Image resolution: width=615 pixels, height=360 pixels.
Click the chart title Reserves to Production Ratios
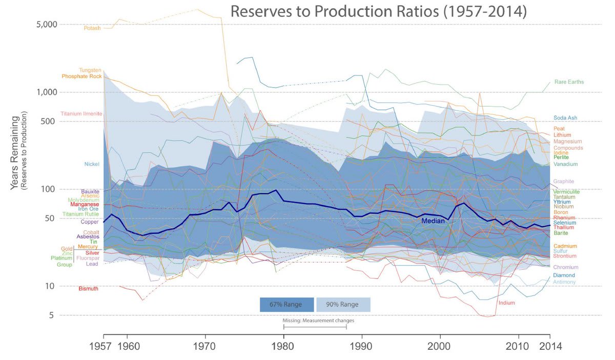378,11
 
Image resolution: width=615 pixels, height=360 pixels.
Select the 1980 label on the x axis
283,346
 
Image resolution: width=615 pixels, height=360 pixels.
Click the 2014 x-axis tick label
550,346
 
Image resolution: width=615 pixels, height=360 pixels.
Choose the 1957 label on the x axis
104,346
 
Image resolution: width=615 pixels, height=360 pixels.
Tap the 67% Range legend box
287,305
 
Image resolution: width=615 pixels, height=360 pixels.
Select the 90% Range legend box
343,305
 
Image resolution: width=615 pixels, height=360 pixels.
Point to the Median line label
433,221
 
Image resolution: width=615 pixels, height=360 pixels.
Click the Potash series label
92,28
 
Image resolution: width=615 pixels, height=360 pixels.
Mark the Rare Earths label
569,82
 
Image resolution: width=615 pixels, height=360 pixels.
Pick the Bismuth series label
88,289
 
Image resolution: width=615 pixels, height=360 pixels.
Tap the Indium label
506,303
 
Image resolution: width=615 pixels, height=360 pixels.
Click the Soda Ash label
565,118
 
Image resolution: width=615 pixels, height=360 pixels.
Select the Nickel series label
92,164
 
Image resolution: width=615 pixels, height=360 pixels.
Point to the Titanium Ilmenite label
81,114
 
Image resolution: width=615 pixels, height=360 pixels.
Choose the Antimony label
564,283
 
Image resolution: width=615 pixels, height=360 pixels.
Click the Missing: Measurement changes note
318,321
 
